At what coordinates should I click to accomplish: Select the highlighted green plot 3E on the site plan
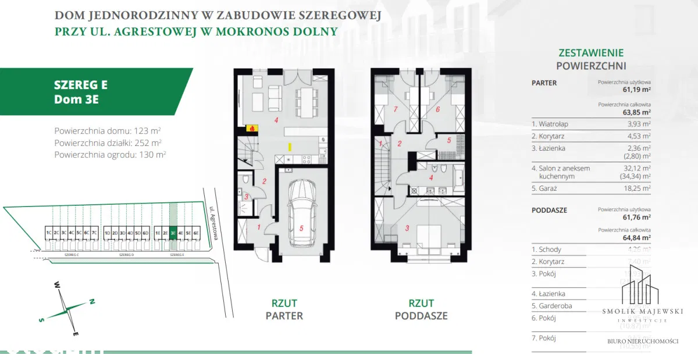[173, 232]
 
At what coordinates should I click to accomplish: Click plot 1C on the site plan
[48, 233]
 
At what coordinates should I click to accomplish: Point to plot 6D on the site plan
[146, 233]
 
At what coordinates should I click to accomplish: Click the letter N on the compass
[91, 301]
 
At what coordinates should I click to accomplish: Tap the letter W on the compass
[58, 285]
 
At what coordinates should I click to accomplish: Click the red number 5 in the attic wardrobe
[449, 140]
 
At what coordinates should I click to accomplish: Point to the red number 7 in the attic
[395, 109]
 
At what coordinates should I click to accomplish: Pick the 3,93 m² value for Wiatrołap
[639, 124]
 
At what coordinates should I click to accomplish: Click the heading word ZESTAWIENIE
[591, 52]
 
